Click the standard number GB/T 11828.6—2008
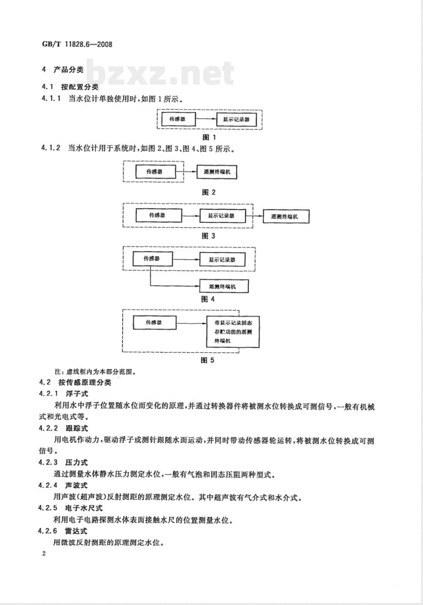(77, 44)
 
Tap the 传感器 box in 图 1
(179, 119)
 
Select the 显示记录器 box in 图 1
(236, 119)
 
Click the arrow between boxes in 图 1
(206, 119)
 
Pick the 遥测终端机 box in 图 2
(217, 172)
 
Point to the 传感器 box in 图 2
(155, 172)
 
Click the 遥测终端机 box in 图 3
(286, 216)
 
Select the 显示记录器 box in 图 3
(223, 216)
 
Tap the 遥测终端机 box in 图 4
(224, 286)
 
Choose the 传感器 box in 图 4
(153, 259)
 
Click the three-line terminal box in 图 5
(233, 331)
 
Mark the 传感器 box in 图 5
(154, 323)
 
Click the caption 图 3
(209, 236)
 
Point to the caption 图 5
(208, 360)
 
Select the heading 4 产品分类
(63, 70)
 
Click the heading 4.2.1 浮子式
(63, 394)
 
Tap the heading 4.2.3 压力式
(63, 463)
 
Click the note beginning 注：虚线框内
(95, 372)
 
